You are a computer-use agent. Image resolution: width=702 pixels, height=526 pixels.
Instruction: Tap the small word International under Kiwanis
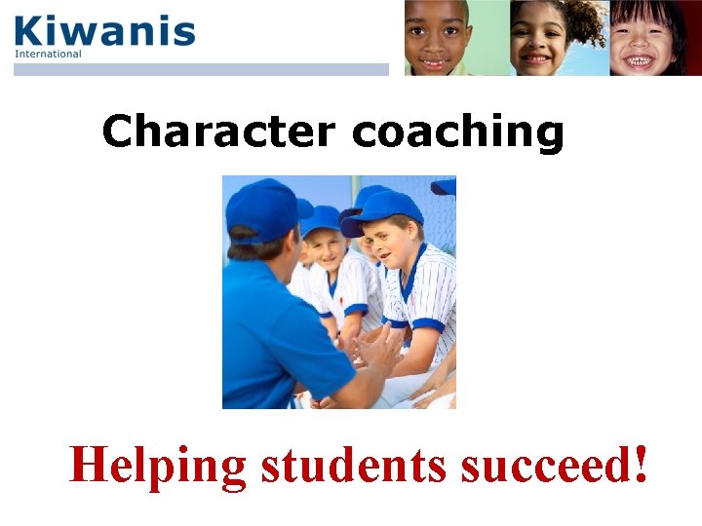tap(48, 55)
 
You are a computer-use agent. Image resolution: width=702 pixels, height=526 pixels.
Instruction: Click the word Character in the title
tap(218, 131)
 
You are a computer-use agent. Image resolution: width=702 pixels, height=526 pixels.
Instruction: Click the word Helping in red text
tap(158, 466)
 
